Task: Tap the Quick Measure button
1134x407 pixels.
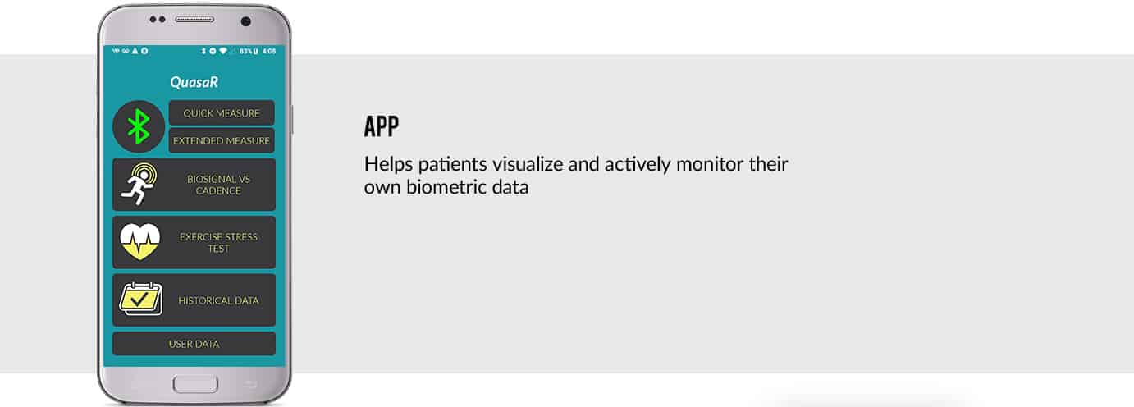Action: (x=222, y=113)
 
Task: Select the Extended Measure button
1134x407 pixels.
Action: (x=222, y=140)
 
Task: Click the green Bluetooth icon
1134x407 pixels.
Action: (x=138, y=126)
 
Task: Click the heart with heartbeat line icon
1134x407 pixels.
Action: (x=139, y=242)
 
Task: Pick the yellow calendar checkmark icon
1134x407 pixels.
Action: (x=141, y=300)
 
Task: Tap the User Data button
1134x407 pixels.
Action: (x=194, y=344)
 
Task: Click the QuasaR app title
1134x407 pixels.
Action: (x=194, y=82)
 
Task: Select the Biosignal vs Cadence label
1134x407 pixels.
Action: (x=218, y=185)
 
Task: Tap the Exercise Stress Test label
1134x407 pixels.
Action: (x=218, y=243)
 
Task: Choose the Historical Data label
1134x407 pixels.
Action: (x=218, y=300)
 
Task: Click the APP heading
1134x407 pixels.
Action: (x=382, y=126)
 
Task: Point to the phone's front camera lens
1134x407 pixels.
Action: (x=245, y=21)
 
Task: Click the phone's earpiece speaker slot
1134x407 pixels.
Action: (x=194, y=19)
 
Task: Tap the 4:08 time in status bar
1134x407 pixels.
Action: (x=269, y=51)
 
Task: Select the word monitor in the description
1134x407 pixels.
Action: (x=709, y=164)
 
